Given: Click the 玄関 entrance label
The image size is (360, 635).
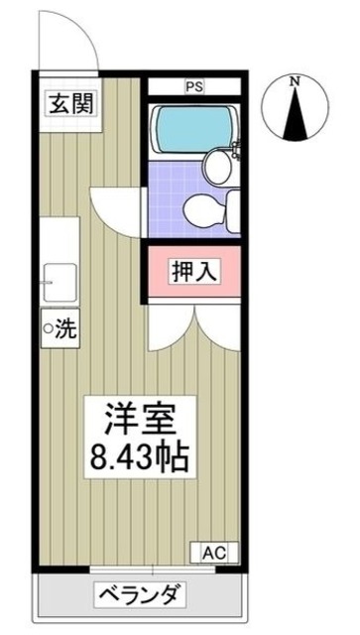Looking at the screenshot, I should point(72,102).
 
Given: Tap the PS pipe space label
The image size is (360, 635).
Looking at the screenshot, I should point(193,87).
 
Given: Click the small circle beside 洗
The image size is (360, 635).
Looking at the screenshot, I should point(49,327).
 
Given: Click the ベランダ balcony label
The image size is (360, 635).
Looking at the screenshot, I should point(139,596).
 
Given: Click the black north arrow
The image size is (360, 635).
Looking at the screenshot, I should point(295,116).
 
